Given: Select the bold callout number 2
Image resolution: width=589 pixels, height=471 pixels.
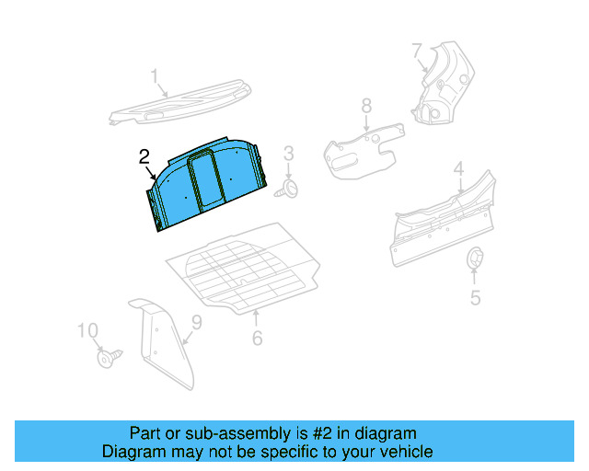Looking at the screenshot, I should pyautogui.click(x=144, y=156).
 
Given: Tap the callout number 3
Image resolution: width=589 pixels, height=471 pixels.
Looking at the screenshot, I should pyautogui.click(x=288, y=153).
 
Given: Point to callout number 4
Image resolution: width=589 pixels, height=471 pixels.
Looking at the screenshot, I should pyautogui.click(x=457, y=168).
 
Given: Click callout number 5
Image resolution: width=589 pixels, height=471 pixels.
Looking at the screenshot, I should pyautogui.click(x=475, y=297).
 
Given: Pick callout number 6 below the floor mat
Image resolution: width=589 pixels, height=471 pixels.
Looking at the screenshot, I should pyautogui.click(x=257, y=338).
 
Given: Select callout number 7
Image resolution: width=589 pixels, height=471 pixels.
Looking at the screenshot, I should pyautogui.click(x=417, y=50).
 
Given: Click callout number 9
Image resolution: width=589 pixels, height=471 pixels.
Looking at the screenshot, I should pyautogui.click(x=195, y=322).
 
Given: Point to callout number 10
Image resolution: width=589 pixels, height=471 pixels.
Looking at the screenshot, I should pyautogui.click(x=87, y=330).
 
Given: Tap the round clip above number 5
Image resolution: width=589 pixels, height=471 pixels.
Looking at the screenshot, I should pyautogui.click(x=474, y=258).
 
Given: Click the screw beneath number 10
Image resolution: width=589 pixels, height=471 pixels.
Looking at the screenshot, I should pyautogui.click(x=108, y=358).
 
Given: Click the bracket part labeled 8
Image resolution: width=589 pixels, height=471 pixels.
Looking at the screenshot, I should pyautogui.click(x=363, y=147).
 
